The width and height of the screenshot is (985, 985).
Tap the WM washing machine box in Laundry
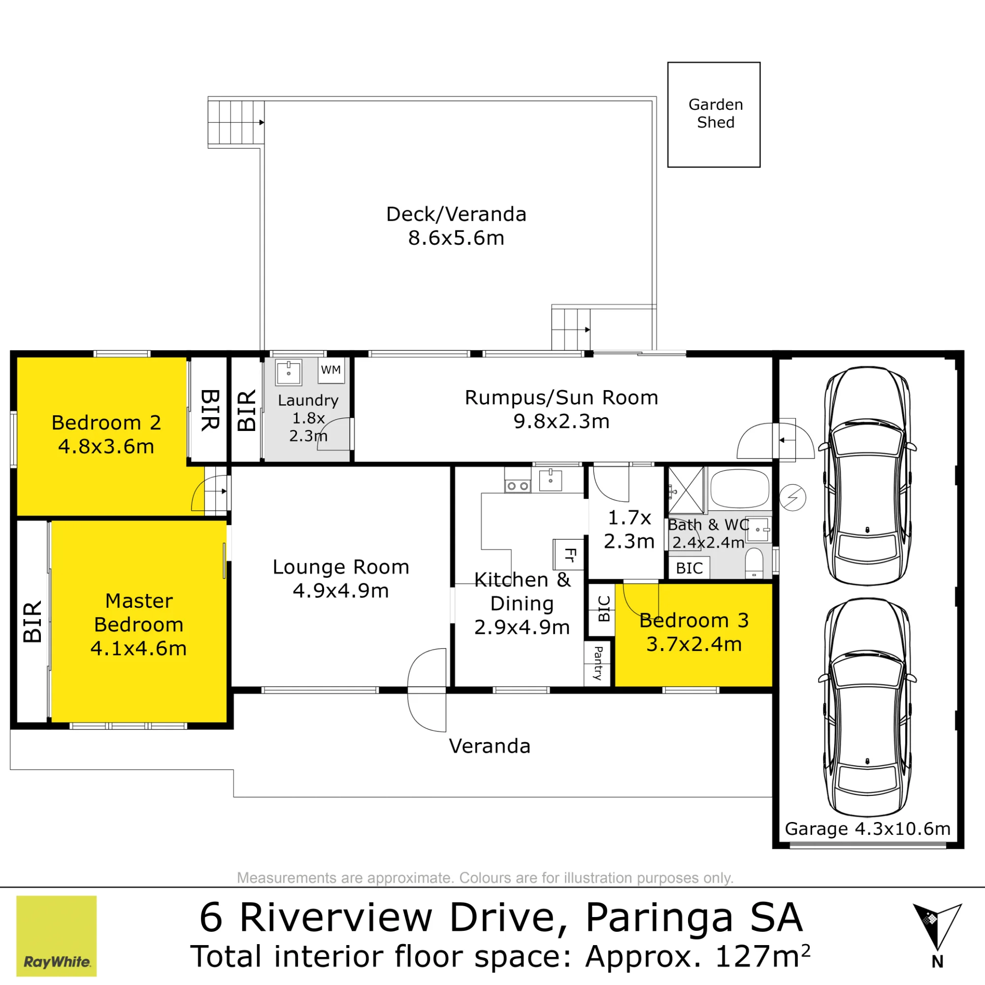point(331,370)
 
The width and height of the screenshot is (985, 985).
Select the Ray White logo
point(57,936)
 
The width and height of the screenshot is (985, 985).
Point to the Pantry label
point(598,663)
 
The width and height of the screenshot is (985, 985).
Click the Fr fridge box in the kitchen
point(568,554)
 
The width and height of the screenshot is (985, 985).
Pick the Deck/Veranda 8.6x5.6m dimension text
point(457,238)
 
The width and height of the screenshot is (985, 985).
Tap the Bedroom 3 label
point(694,621)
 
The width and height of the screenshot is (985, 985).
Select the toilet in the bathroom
point(754,563)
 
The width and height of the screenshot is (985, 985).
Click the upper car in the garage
point(867,476)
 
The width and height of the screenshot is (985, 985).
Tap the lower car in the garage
point(867,707)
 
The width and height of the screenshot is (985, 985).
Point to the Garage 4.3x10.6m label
point(868,829)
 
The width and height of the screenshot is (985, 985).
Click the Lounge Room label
point(341,567)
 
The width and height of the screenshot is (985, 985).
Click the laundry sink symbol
point(289,372)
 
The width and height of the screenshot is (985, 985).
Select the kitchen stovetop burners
point(518,487)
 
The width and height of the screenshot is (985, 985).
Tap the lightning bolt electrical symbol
point(793,497)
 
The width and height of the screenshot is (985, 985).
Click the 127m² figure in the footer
point(763,956)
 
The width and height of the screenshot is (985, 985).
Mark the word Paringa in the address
point(658,918)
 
